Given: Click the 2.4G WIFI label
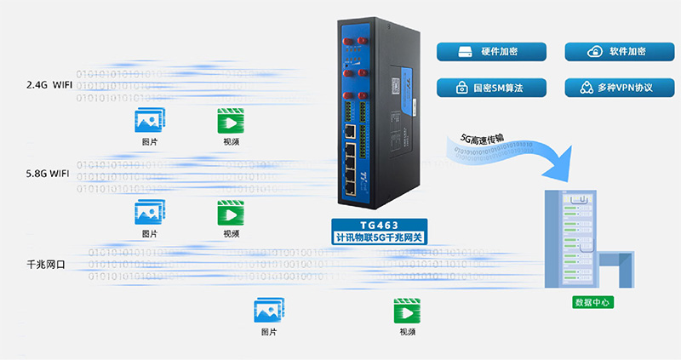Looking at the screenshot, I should pos(49,85).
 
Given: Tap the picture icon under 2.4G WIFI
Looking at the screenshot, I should pos(149,121).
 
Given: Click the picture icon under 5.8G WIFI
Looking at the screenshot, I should pos(149,212).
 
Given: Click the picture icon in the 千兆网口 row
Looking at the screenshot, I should pos(269,310).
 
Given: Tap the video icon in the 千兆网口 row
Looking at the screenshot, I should pos(407,310).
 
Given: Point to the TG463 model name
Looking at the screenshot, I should pos(379,226).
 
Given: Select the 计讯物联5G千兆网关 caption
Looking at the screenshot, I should pos(379,238).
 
